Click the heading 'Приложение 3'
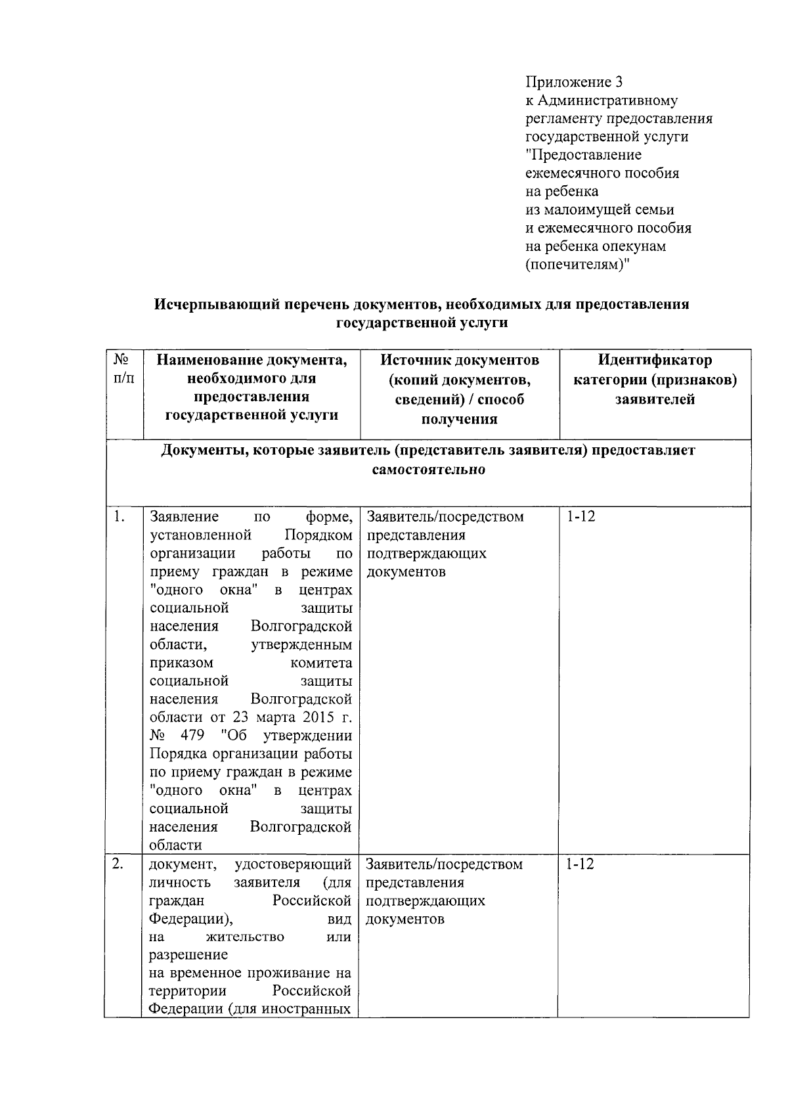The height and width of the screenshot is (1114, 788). (x=573, y=82)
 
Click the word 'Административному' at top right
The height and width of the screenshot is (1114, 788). (x=607, y=100)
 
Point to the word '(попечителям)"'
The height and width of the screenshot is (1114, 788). (x=577, y=265)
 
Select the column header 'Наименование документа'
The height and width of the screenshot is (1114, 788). (x=252, y=360)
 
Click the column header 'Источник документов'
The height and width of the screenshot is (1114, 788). (x=460, y=360)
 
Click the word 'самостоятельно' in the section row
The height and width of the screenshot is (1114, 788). (x=429, y=470)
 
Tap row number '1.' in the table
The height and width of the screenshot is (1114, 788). (x=118, y=516)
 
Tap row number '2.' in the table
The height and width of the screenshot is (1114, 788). (x=118, y=864)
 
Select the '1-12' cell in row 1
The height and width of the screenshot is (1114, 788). (x=580, y=516)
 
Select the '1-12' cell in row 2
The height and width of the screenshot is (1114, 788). (x=580, y=864)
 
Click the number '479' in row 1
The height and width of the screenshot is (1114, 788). (x=192, y=736)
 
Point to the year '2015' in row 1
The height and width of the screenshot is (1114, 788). (x=321, y=717)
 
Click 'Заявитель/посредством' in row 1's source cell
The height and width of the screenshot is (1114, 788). (x=445, y=516)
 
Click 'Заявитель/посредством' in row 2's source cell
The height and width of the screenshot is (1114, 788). (x=445, y=864)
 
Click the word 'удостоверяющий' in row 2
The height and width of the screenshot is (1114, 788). (x=292, y=864)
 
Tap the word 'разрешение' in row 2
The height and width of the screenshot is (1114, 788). (x=188, y=954)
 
